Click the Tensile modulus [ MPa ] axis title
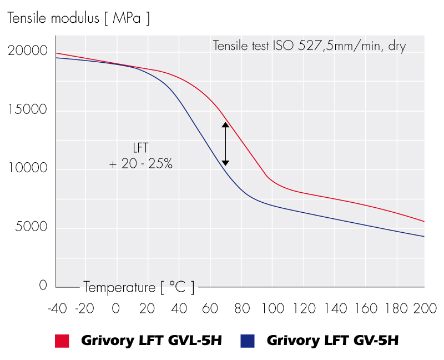(78, 18)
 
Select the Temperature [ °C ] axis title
(139, 288)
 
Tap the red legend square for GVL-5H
(61, 341)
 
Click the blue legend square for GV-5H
(248, 341)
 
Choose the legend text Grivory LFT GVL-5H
(152, 341)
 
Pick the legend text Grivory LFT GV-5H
(332, 341)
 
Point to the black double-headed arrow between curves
(225, 144)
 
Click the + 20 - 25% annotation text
(141, 165)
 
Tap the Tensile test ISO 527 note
(309, 46)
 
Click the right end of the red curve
(424, 222)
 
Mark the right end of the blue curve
(424, 237)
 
